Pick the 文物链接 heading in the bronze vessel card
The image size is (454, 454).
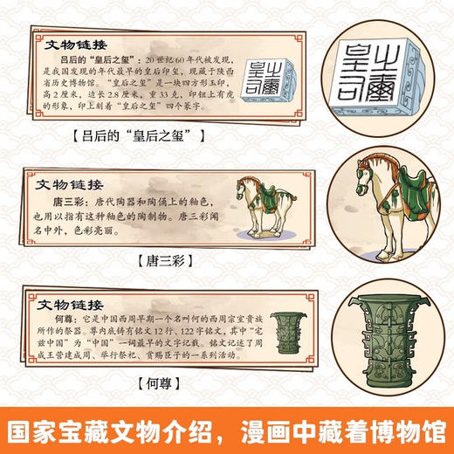[70, 303]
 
